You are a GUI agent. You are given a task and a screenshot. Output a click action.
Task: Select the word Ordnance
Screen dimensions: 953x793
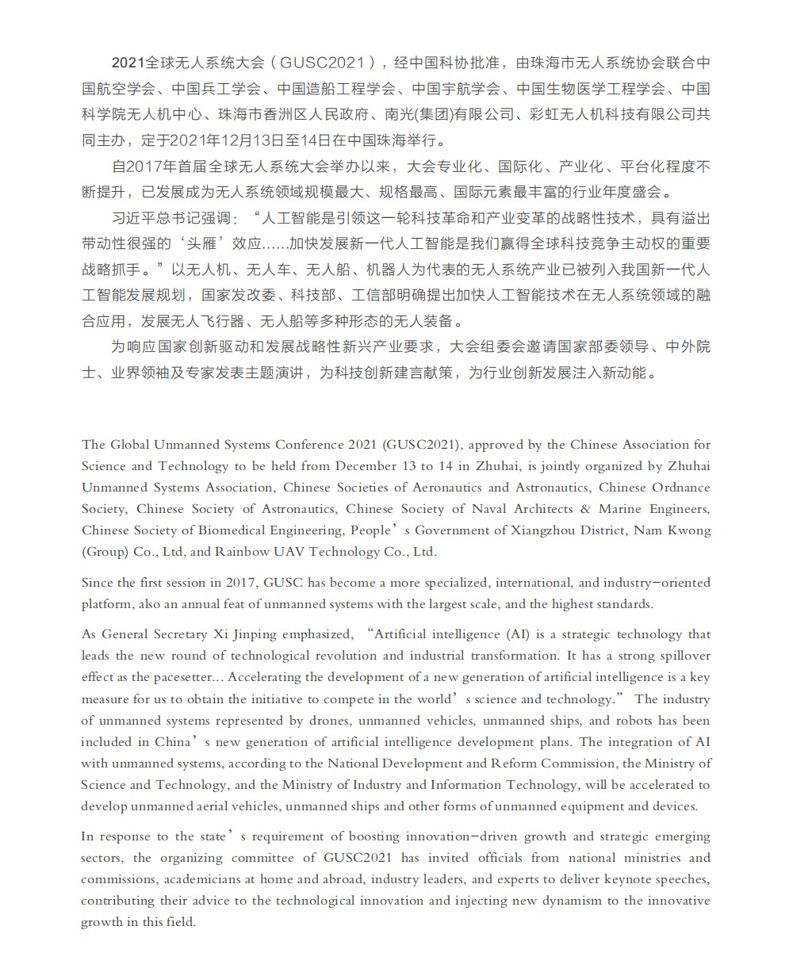pyautogui.click(x=680, y=488)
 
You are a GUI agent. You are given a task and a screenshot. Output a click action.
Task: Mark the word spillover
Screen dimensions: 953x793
pyautogui.click(x=680, y=656)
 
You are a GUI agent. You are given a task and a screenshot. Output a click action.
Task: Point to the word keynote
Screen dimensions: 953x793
pyautogui.click(x=618, y=879)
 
